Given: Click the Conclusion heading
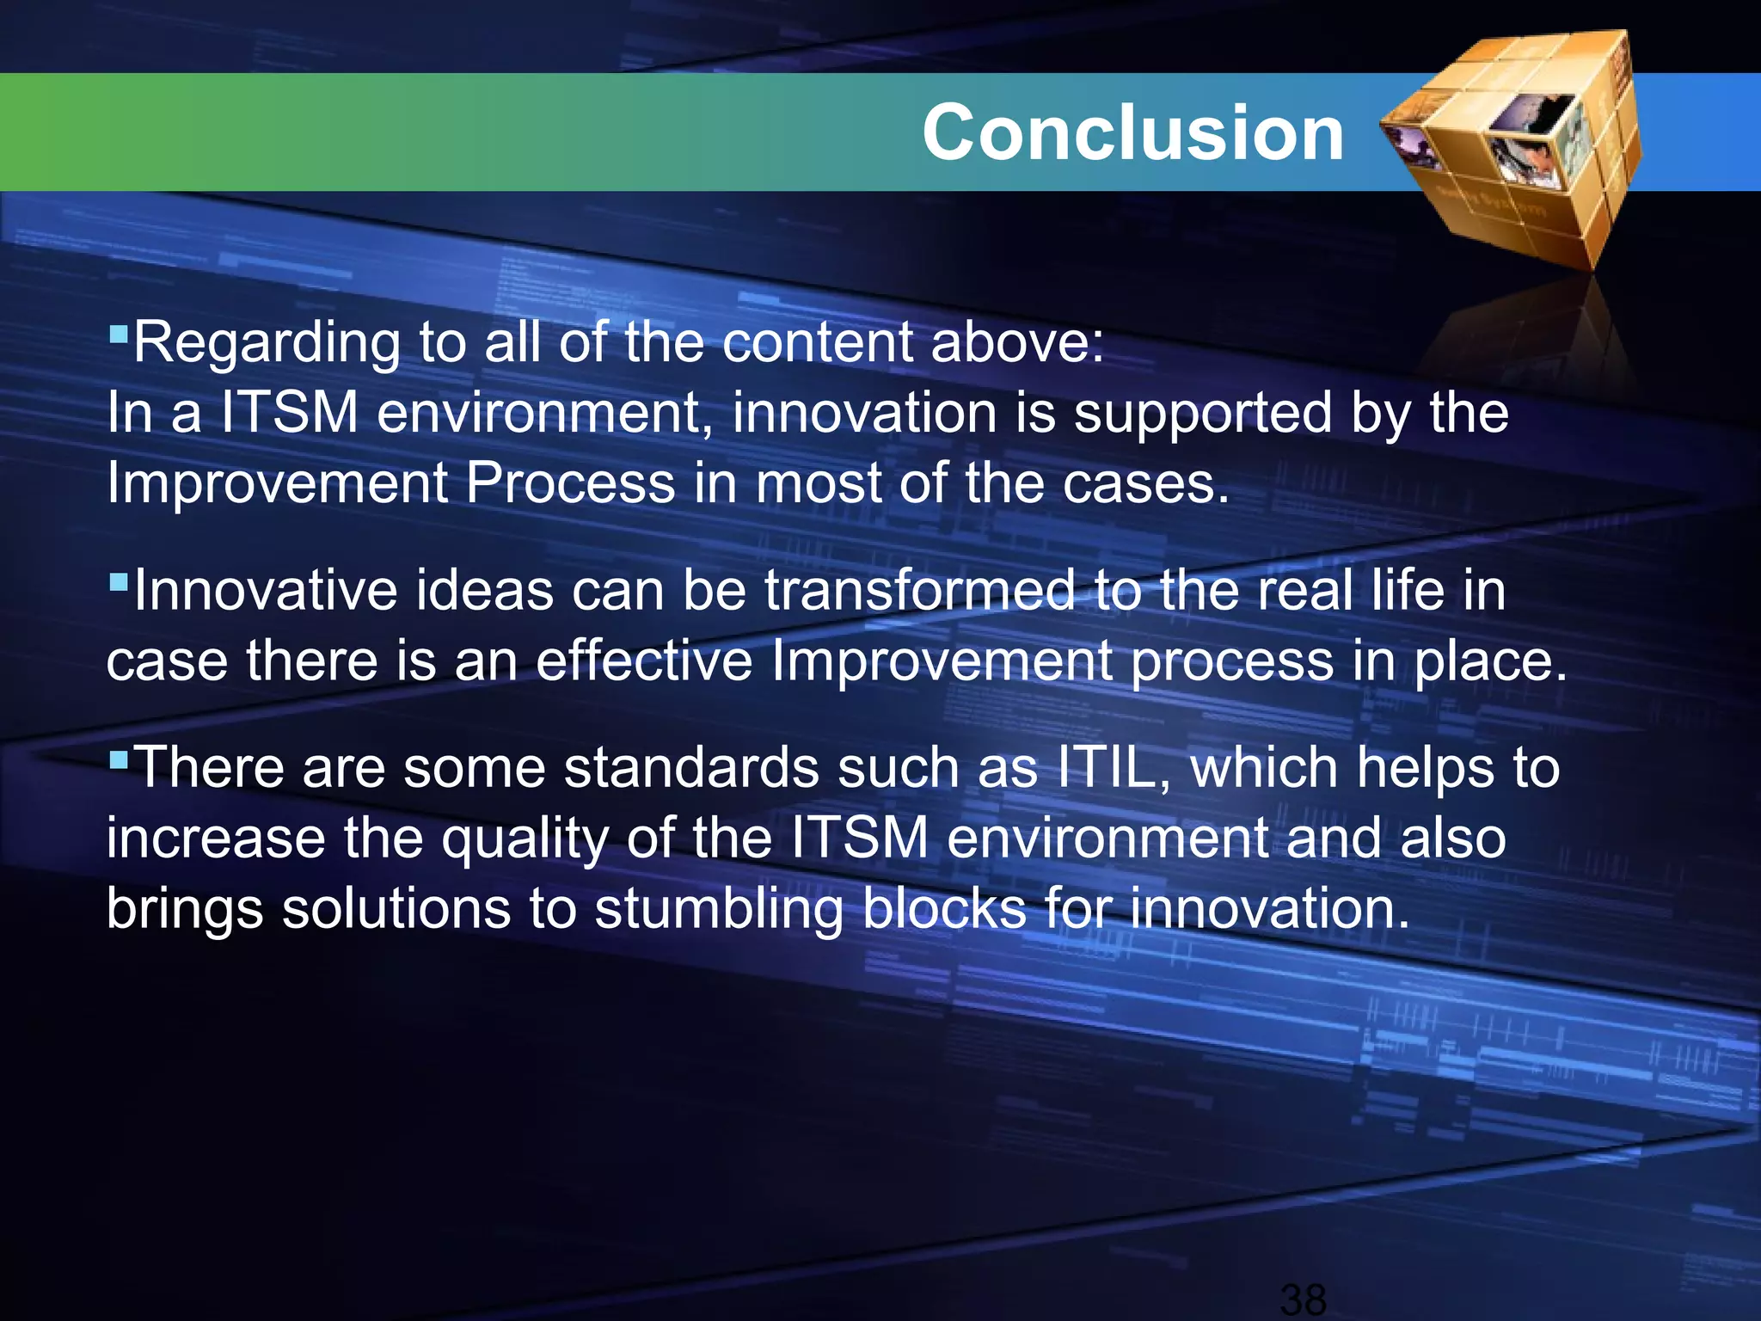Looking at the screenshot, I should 1132,132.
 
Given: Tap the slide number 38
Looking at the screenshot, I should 1303,1299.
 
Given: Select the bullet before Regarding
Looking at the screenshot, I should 119,330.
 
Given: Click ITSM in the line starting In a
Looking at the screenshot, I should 290,413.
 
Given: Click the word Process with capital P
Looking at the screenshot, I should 569,483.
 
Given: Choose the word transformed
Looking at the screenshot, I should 919,591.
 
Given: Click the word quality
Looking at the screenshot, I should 525,839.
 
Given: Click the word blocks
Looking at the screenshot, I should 944,908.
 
